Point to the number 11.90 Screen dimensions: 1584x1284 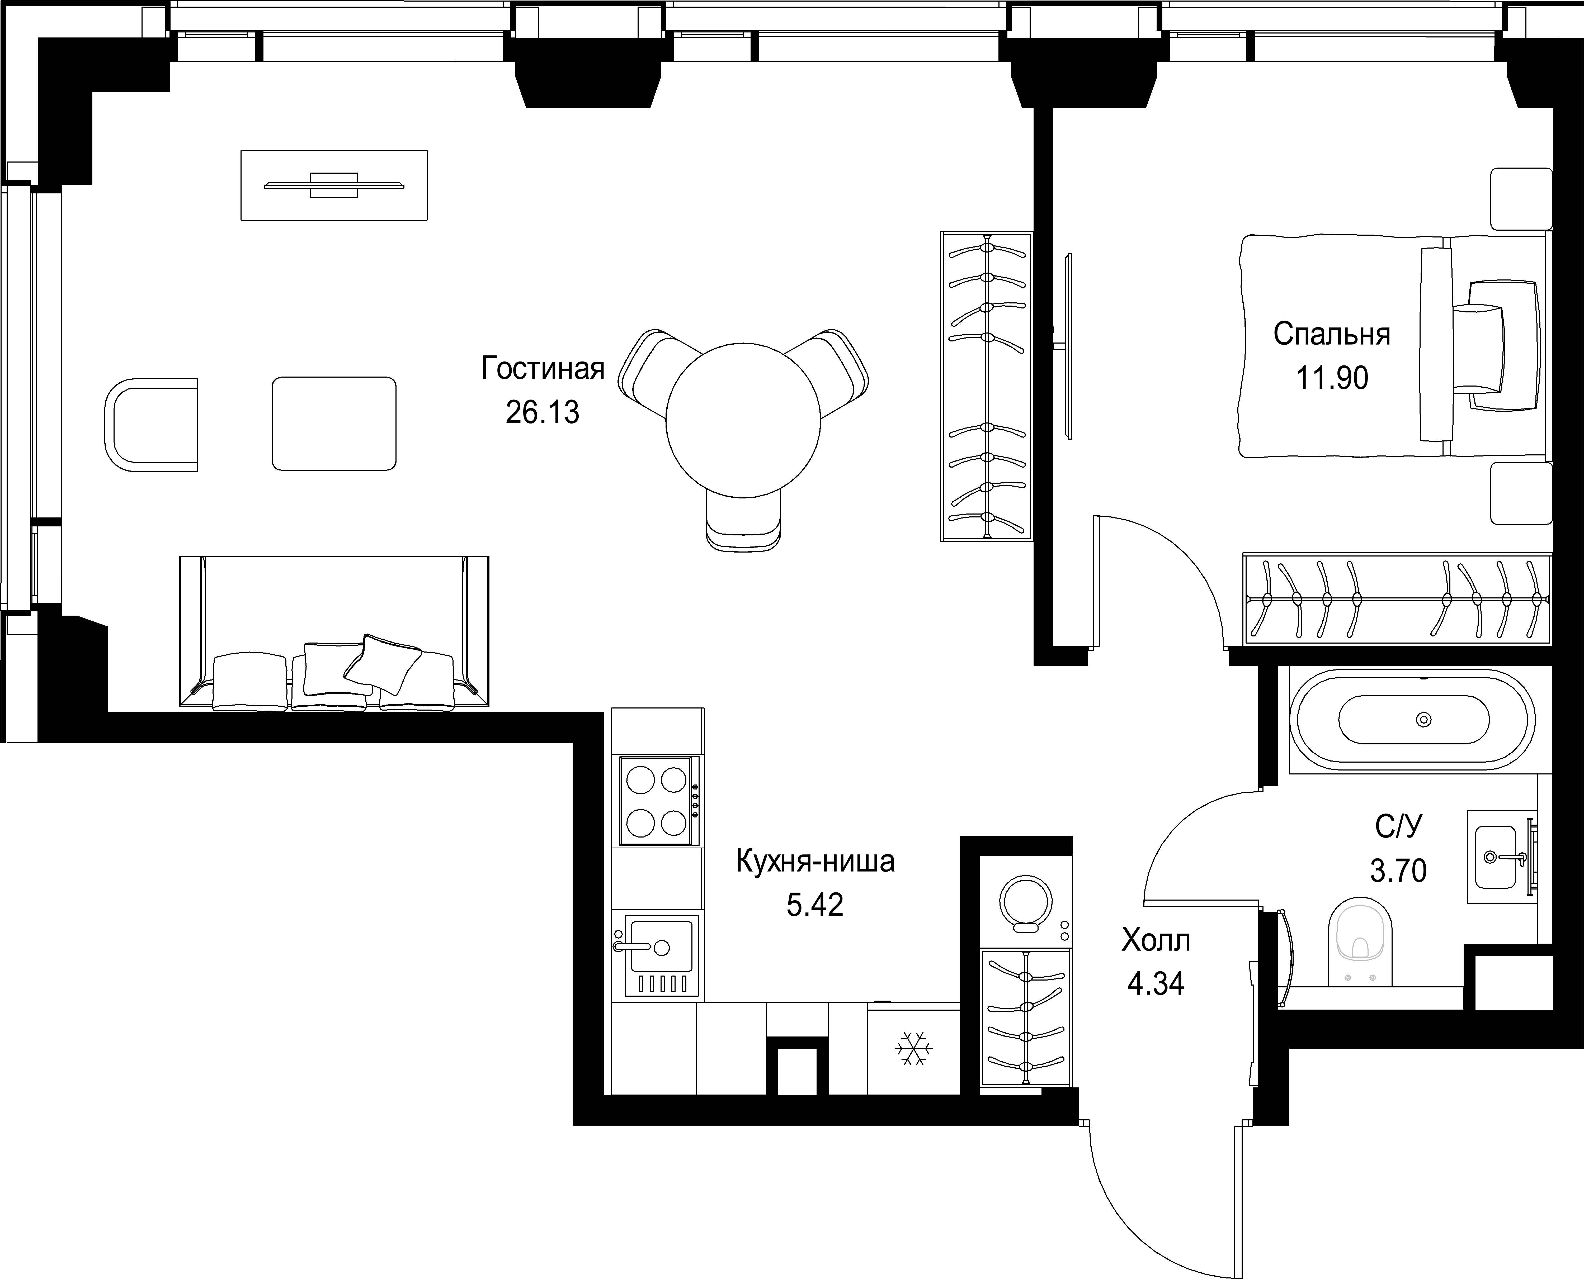[1332, 379]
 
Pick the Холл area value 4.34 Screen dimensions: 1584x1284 [1156, 984]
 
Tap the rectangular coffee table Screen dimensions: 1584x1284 [334, 423]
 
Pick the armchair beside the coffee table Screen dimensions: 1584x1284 [152, 425]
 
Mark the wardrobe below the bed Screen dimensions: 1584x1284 [1397, 598]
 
